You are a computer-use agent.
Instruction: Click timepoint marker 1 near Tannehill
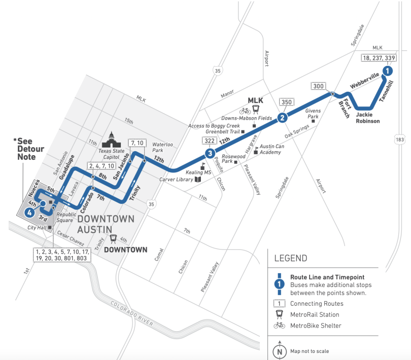387,71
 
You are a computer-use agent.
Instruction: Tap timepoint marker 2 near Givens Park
283,118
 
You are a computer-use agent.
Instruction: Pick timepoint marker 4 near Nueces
30,213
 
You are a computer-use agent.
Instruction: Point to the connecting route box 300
319,86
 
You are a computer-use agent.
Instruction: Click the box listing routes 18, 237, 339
378,58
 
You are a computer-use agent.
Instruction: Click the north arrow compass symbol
279,350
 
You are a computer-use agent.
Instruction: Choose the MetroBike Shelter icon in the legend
279,325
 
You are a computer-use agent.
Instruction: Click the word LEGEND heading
291,258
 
